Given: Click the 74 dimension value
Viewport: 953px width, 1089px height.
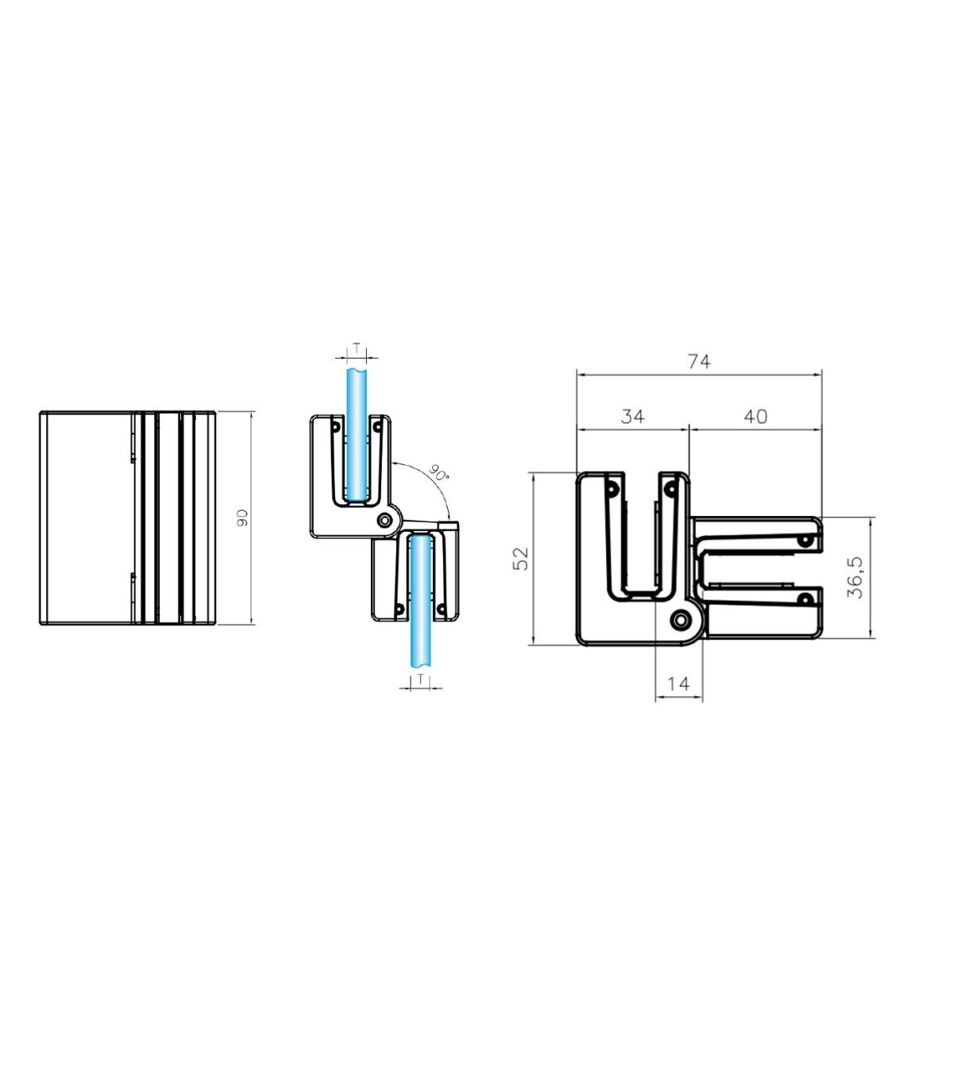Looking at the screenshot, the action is pos(699,362).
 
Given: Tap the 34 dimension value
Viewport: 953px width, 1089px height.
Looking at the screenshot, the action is pos(632,416).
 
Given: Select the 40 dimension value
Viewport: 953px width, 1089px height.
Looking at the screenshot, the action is pos(755,416).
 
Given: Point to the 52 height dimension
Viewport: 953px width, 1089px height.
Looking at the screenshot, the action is pos(521,558).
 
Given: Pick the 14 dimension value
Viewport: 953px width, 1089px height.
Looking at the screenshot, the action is pos(678,683).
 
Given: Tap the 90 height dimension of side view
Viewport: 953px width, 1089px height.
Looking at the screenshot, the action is pos(242,518).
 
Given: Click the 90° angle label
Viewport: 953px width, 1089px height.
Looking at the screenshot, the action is pos(438,472).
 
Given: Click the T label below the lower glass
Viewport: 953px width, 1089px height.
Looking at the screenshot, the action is pos(421,679).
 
